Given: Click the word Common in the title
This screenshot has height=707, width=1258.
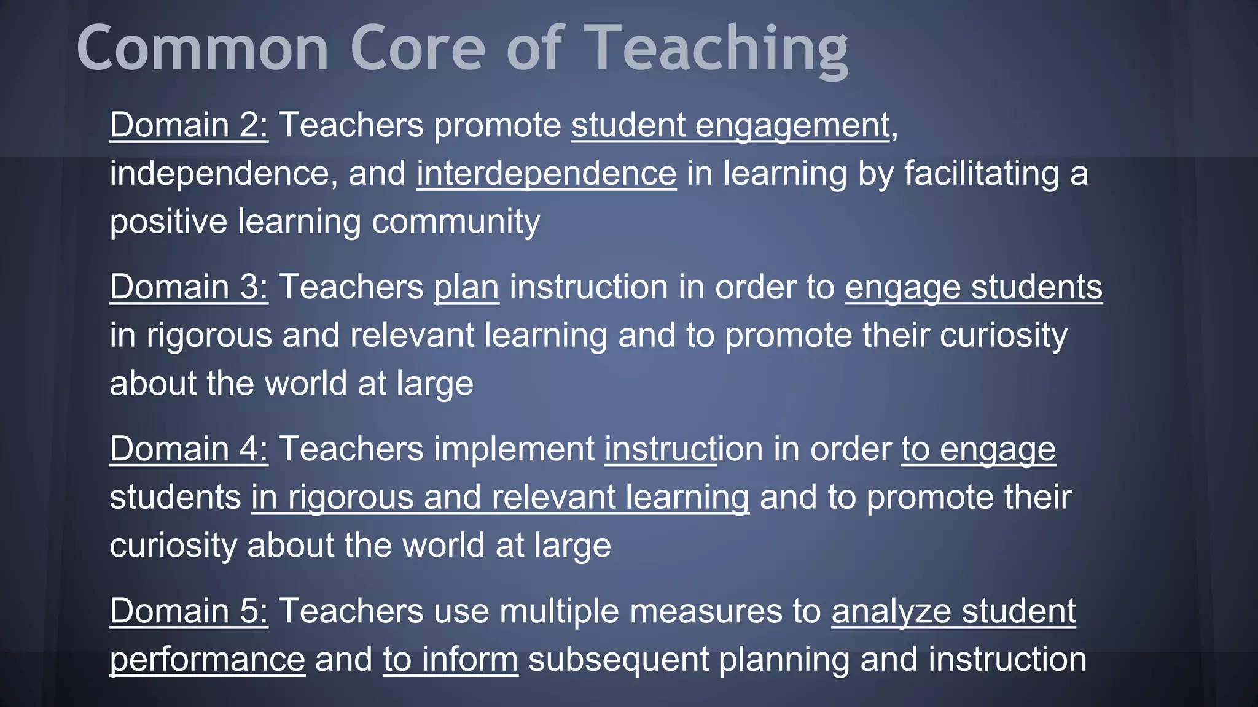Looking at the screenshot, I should tap(203, 48).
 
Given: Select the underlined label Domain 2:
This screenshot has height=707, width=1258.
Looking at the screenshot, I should tap(189, 125).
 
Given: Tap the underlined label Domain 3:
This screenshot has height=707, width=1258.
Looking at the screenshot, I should tap(189, 287).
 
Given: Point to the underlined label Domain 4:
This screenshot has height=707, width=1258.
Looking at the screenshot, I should tap(189, 449).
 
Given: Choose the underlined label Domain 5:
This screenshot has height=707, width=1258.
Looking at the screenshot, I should tap(189, 611).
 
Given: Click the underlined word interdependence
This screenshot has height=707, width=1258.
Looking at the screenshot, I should tap(546, 173).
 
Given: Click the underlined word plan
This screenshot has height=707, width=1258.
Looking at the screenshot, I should tap(466, 287).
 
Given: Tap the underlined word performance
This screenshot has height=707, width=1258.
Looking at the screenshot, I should tap(207, 659).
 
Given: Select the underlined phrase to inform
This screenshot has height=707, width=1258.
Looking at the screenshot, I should tap(450, 659).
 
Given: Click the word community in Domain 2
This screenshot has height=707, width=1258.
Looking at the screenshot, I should tap(456, 222).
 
